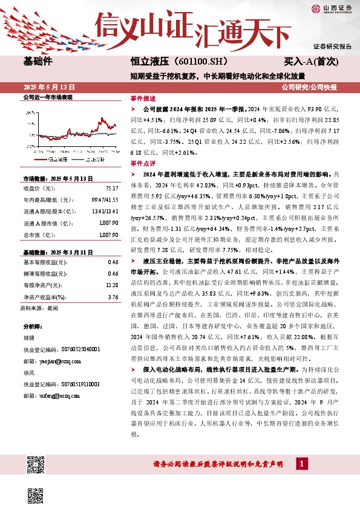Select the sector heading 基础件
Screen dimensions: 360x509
38,62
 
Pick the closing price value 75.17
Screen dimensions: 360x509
111,188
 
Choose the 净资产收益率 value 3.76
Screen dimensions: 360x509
113,297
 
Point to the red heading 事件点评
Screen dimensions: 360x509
143,163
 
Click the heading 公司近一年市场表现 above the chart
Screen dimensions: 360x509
47,97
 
